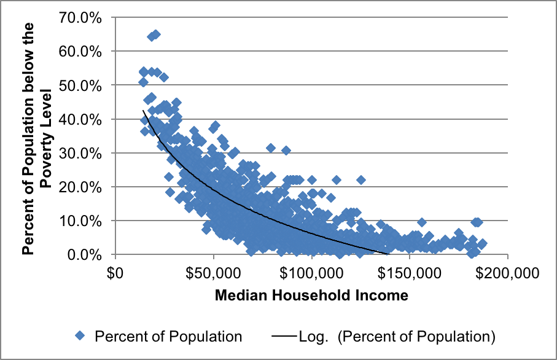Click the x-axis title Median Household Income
click(x=311, y=295)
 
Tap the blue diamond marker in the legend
click(x=79, y=335)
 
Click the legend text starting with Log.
click(x=397, y=336)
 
